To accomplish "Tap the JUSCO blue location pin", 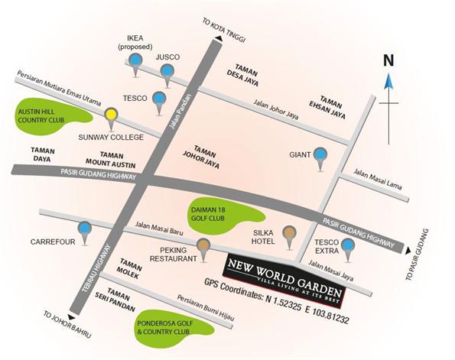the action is [167, 73].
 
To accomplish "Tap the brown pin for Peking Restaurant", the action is [203, 248].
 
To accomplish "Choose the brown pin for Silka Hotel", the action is [289, 235].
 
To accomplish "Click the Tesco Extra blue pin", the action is [348, 248].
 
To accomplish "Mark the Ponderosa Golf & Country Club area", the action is [174, 328].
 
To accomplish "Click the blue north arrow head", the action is [388, 81].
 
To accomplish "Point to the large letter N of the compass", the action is [388, 60].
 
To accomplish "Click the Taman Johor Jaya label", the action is [201, 157].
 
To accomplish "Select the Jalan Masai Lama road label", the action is [378, 180].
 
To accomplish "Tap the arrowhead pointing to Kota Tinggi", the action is [219, 38].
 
